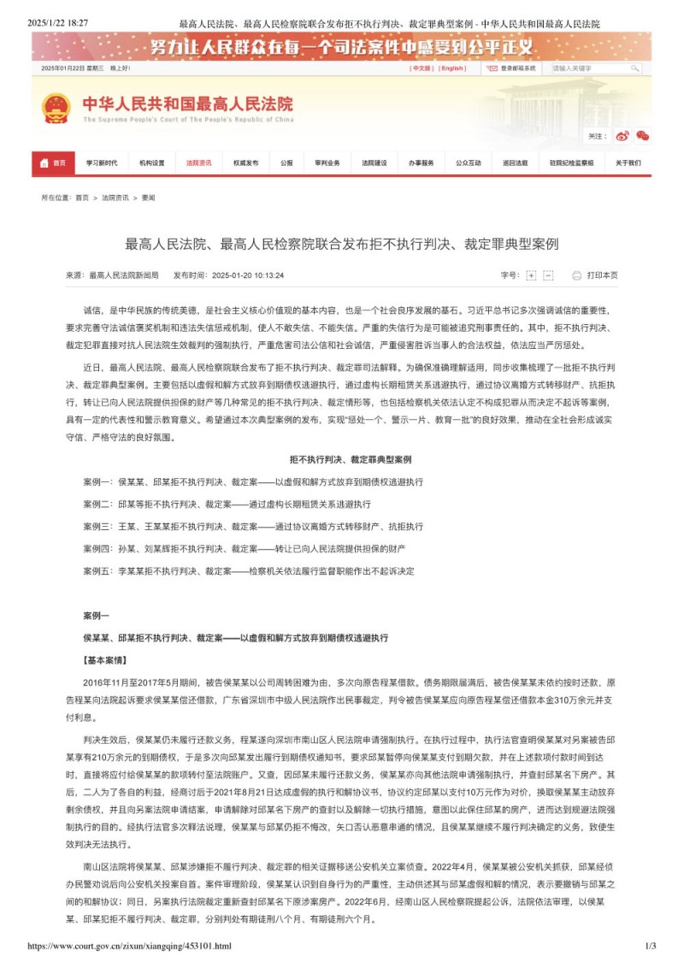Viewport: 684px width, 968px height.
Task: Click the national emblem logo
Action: pos(56,109)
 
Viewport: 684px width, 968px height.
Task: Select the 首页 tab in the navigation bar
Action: pos(53,162)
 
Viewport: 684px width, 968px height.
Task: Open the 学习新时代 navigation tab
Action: pos(101,162)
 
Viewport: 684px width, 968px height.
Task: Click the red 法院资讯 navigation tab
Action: pos(198,162)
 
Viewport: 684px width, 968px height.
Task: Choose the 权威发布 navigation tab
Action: pos(245,162)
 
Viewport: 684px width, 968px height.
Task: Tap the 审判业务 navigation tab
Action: pos(327,162)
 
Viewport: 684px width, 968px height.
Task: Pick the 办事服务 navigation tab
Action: pos(421,162)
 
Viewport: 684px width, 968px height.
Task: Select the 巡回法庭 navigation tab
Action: pos(515,162)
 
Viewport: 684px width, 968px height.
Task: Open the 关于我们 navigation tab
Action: pos(628,162)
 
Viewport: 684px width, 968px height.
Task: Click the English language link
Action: pos(453,68)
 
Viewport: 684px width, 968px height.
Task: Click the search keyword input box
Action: pos(590,68)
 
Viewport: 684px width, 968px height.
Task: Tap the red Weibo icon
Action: pos(622,135)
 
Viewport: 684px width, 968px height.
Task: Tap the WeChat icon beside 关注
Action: pos(643,135)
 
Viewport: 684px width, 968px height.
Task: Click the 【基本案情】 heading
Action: pos(105,660)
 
